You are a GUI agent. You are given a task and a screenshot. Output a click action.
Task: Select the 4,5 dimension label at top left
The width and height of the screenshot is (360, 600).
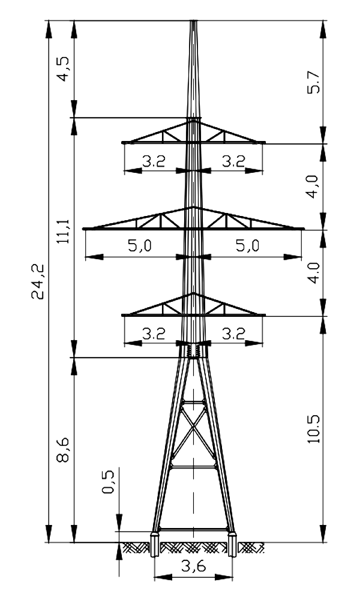click(64, 69)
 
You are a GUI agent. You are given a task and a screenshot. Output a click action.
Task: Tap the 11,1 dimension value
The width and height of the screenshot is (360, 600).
click(64, 232)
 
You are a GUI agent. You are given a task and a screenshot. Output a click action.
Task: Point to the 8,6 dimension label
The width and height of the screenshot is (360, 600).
click(64, 449)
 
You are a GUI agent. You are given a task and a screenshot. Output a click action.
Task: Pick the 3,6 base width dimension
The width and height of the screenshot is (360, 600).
click(194, 565)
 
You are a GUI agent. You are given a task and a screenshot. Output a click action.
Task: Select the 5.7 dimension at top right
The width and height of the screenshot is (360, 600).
click(314, 82)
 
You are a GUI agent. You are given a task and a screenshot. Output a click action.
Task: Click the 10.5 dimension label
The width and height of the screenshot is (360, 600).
click(314, 428)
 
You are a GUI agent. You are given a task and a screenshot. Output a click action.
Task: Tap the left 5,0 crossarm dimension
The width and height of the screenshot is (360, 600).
click(140, 245)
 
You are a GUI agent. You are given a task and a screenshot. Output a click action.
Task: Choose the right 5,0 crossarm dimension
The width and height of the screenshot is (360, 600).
click(248, 245)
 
